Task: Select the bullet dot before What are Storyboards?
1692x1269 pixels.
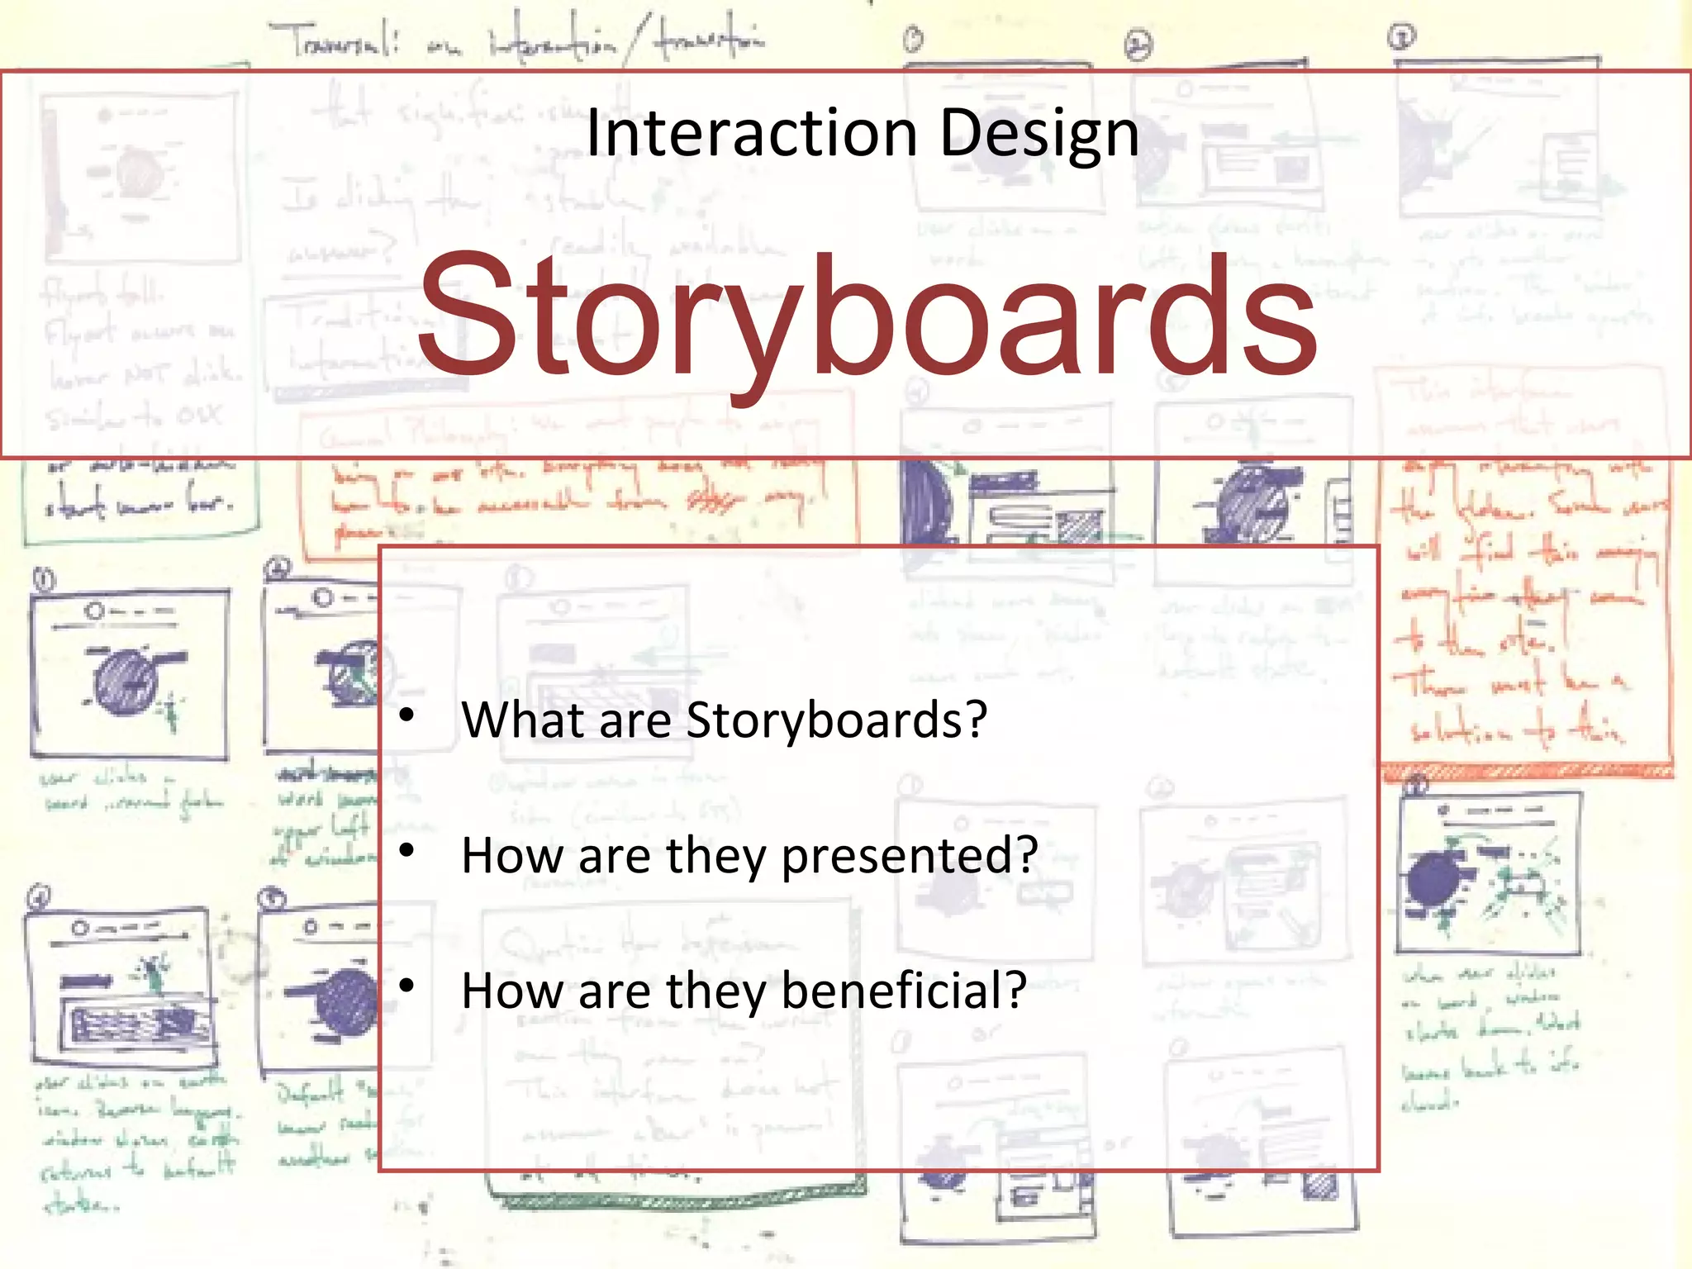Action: click(x=406, y=715)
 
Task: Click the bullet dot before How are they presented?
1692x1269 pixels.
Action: click(x=406, y=850)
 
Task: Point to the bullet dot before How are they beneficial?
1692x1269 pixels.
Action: click(x=406, y=986)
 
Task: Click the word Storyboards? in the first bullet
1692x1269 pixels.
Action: click(x=836, y=720)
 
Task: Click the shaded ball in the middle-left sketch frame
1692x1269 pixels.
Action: click(x=126, y=682)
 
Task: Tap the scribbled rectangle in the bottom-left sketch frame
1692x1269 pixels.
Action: click(x=132, y=1024)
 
